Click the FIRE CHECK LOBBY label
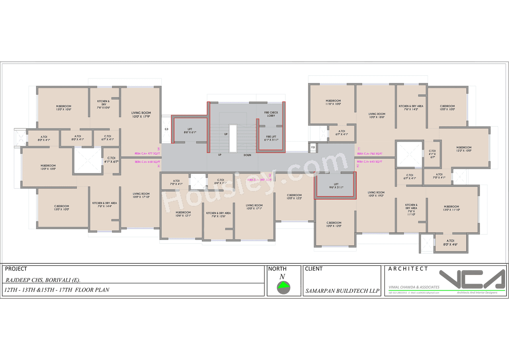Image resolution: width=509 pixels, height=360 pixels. click(x=271, y=114)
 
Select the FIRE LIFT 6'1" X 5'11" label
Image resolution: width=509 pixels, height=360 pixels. click(x=272, y=138)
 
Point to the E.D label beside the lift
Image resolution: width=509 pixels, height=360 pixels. click(x=167, y=130)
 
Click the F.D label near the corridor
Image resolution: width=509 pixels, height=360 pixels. click(x=313, y=148)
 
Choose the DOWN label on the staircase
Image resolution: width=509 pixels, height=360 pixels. click(x=247, y=155)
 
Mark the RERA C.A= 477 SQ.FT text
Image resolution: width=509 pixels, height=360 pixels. click(x=147, y=153)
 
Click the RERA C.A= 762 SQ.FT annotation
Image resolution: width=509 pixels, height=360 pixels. click(x=369, y=153)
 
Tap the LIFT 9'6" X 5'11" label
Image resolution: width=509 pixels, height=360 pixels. click(x=336, y=186)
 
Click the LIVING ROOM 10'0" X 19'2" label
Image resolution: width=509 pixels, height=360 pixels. click(x=376, y=194)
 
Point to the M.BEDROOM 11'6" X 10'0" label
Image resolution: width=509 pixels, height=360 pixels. click(x=333, y=102)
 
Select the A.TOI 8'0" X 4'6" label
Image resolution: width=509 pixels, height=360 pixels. click(x=451, y=243)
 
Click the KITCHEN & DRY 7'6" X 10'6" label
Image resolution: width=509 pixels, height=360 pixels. click(x=103, y=105)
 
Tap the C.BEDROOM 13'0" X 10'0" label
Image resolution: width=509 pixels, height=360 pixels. click(x=62, y=208)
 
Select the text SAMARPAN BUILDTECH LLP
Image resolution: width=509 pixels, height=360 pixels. click(x=342, y=291)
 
